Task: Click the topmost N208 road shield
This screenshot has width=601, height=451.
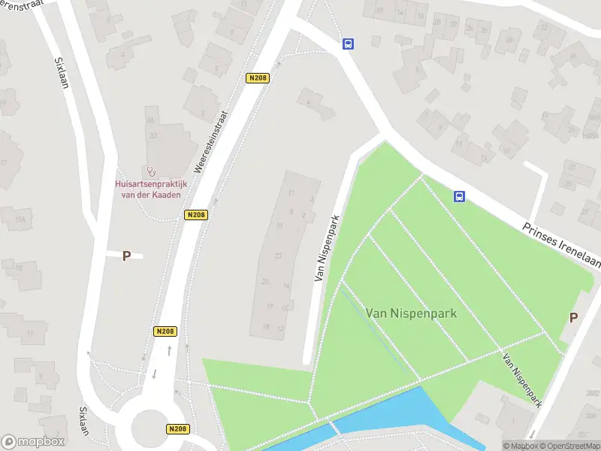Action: point(257,77)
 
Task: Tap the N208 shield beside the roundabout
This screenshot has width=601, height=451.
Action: point(177,429)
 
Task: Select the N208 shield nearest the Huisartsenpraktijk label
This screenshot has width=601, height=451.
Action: point(195,215)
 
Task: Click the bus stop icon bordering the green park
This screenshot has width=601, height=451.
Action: point(458,197)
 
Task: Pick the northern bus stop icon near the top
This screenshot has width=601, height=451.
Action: point(348,44)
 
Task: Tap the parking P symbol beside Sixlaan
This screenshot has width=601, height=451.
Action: point(126,256)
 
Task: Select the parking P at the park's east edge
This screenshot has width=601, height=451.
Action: point(573,317)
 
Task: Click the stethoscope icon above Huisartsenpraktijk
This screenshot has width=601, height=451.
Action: point(150,171)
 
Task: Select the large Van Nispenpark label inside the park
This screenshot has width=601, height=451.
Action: point(411,312)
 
